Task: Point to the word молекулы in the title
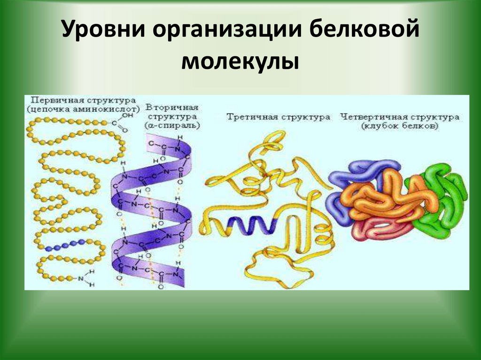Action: (x=240, y=61)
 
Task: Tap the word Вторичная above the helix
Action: (x=172, y=107)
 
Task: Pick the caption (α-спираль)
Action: (x=172, y=125)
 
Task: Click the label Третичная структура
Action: (x=279, y=117)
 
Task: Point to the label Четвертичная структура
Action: (x=400, y=117)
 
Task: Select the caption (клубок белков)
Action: (x=400, y=126)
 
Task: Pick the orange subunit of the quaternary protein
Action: (x=380, y=197)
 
